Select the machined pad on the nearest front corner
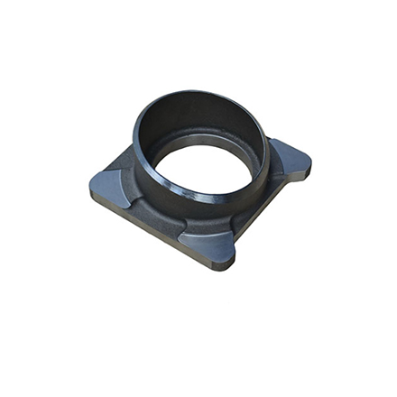[x=209, y=241]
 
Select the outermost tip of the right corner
[x=311, y=162]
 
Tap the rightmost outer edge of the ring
[x=269, y=144]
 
